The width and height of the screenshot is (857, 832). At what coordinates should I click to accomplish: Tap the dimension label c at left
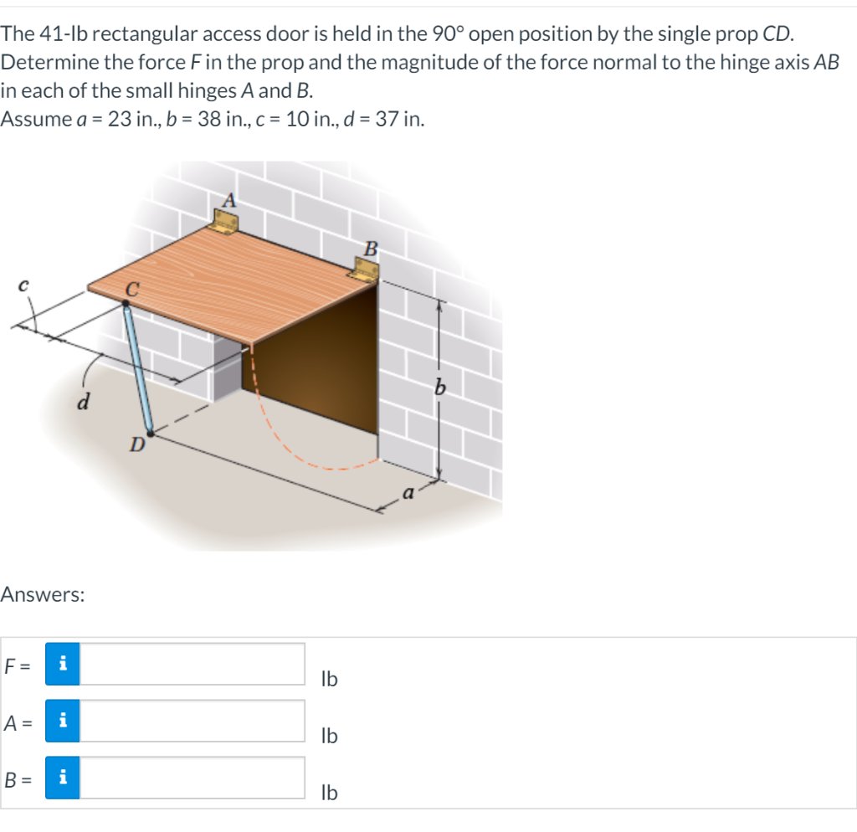[x=23, y=285]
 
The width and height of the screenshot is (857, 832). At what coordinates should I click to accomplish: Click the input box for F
[x=192, y=664]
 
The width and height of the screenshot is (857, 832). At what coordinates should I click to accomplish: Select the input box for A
[x=192, y=721]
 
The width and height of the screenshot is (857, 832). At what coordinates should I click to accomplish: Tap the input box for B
[x=192, y=778]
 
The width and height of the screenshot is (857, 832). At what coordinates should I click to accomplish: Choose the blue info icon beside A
[x=63, y=721]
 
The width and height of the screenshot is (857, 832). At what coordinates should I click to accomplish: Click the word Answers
[x=42, y=595]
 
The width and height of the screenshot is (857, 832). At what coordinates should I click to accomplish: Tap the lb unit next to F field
[x=329, y=679]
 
